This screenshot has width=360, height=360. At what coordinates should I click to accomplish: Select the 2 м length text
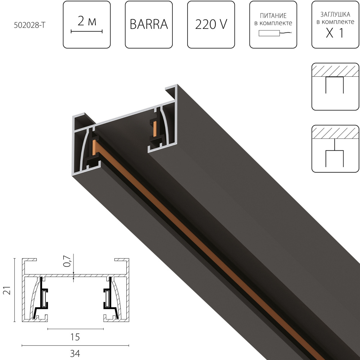87,22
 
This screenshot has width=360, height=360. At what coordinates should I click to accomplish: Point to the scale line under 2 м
87,32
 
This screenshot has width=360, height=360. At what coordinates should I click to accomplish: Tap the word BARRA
149,24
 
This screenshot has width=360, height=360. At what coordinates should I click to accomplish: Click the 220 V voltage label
211,24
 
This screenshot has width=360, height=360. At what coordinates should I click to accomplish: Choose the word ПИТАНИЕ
273,16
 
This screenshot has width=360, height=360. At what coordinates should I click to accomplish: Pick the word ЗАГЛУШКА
335,15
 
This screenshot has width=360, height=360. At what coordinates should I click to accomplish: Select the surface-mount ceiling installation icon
335,86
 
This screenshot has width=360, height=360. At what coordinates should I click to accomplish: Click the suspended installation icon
335,148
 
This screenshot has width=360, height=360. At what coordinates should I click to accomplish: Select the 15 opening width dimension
75,337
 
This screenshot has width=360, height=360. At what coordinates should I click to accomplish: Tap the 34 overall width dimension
75,354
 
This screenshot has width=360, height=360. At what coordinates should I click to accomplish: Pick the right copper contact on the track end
155,129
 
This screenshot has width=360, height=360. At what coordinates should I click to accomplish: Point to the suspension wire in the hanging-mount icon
335,145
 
